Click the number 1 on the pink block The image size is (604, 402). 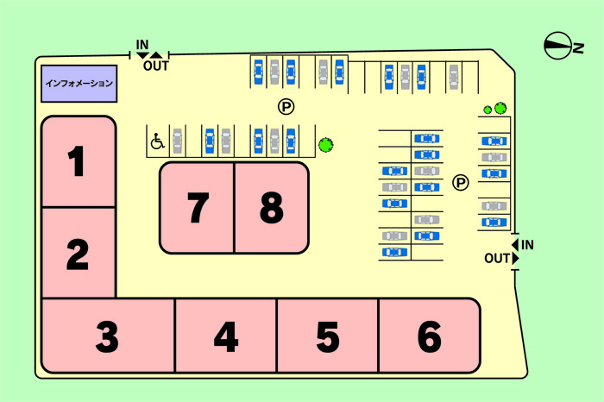tap(78, 162)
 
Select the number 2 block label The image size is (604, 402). tap(78, 254)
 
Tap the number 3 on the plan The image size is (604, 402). tap(107, 337)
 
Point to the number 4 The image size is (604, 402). tap(225, 337)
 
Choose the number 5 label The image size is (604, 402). tap(328, 337)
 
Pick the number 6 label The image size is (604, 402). tap(429, 337)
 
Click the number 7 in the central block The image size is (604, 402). tap(198, 207)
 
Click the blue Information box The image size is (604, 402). tap(79, 84)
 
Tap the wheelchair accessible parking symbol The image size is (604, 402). tap(157, 141)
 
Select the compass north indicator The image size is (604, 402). tap(559, 46)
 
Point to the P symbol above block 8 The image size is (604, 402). tap(286, 107)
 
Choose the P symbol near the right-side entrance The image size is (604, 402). tap(461, 182)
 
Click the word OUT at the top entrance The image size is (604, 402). tap(155, 66)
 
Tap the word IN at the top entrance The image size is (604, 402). tap(142, 44)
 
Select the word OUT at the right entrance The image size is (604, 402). tap(497, 258)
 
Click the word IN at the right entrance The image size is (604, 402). tap(527, 245)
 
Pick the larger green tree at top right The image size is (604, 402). tap(500, 108)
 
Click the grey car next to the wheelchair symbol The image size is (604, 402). tap(178, 140)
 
